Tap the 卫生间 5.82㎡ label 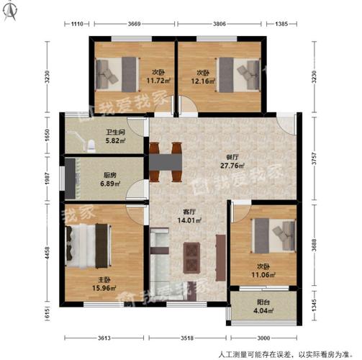pos(116,136)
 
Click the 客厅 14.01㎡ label pos(189,217)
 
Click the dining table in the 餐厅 pos(166,163)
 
